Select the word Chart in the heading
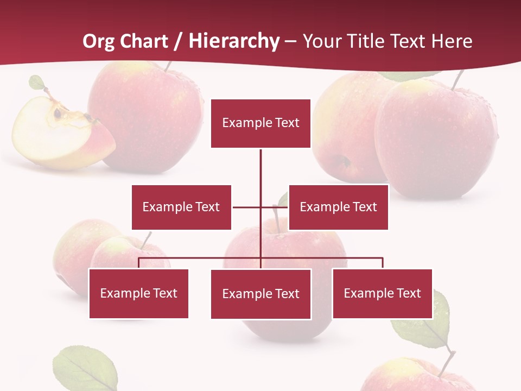point(144,41)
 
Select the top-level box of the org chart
point(260,123)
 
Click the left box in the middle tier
point(181,207)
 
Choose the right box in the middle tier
point(338,207)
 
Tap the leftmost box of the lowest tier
point(138,293)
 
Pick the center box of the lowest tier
point(260,294)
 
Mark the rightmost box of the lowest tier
point(382,293)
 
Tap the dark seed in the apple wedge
point(57,113)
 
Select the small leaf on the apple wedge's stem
point(37,83)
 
